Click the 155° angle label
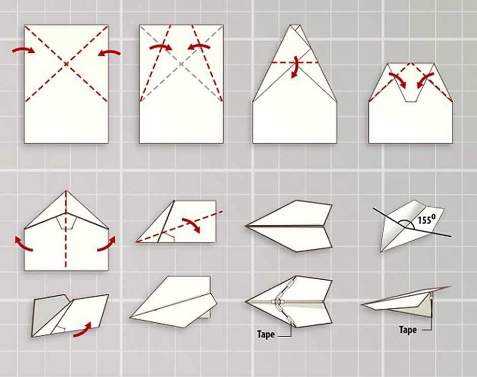click(424, 219)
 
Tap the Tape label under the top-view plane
click(266, 334)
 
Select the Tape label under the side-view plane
click(408, 329)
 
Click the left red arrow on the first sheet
click(24, 51)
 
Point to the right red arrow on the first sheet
click(109, 53)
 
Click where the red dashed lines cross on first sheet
click(66, 64)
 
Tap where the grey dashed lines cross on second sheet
click(181, 64)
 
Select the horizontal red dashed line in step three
click(294, 62)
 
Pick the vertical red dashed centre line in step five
click(65, 230)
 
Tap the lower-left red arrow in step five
click(23, 244)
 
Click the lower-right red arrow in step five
click(107, 243)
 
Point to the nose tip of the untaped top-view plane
click(245, 225)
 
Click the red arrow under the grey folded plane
click(82, 330)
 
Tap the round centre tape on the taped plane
click(277, 301)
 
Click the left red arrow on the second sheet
click(161, 47)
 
